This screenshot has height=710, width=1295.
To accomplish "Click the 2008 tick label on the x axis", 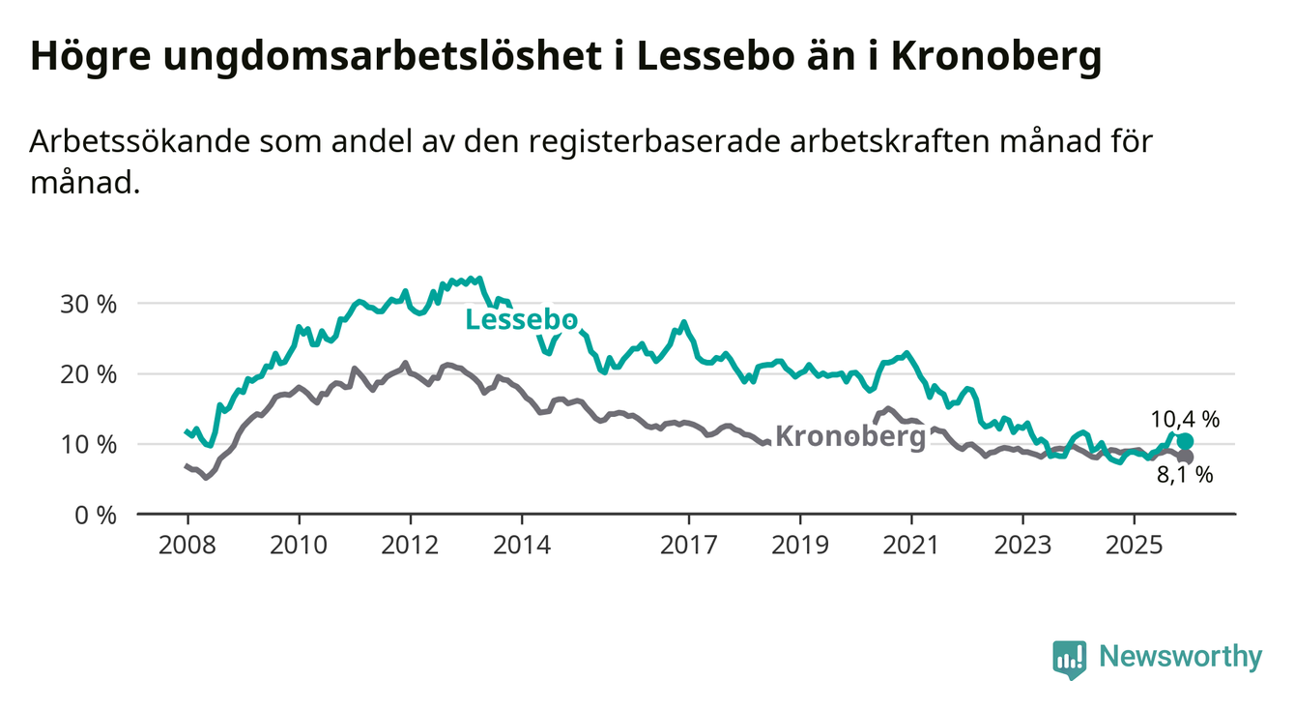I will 186,546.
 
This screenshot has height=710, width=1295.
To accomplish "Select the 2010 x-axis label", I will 298,546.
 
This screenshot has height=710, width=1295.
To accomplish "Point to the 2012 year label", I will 410,546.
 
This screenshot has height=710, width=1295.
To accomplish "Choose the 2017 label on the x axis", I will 688,546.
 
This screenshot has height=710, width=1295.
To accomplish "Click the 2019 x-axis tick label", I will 800,546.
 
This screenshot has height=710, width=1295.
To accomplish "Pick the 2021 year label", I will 911,546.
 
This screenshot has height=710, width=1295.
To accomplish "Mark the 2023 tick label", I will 1022,546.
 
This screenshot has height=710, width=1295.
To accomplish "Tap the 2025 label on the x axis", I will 1135,546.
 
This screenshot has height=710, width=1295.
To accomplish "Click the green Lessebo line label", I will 522,320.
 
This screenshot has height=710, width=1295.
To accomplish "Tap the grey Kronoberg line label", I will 850,437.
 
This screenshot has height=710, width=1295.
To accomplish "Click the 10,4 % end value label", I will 1185,419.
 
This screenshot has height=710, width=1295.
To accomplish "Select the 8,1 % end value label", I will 1185,475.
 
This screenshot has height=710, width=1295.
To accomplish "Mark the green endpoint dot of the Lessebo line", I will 1185,442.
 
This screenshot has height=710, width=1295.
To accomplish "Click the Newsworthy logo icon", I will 1069,660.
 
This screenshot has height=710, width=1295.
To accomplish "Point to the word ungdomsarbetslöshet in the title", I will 375,58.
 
